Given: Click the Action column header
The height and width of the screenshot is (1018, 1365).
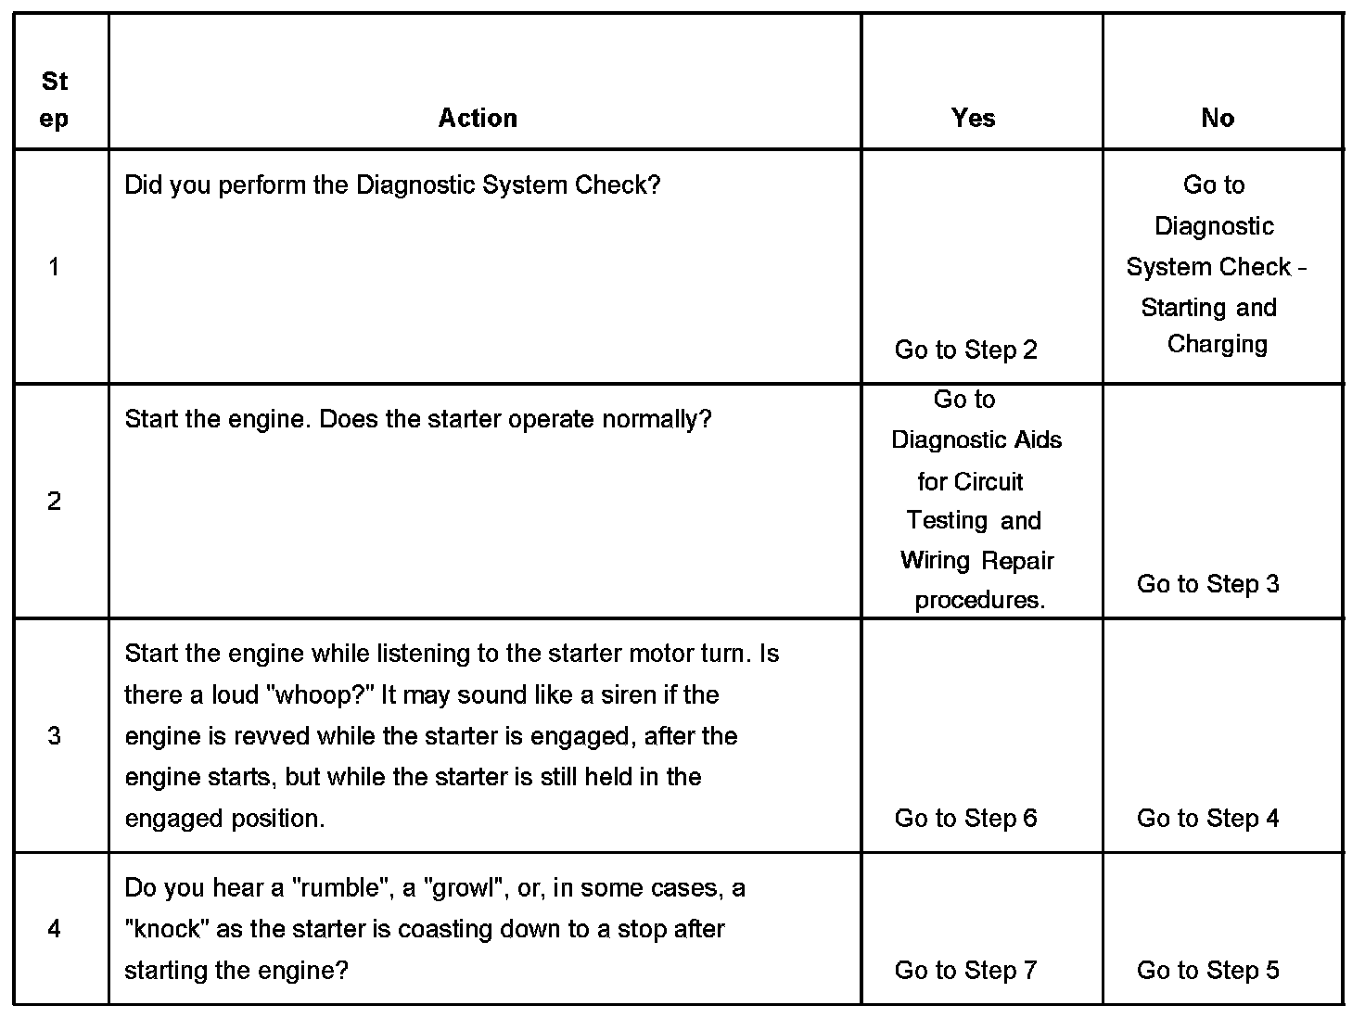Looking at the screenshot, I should [478, 119].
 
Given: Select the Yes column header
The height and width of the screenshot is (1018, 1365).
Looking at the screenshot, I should [973, 119].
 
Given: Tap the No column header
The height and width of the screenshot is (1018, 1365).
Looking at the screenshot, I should [1218, 119].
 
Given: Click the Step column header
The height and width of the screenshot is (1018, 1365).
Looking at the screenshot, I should [55, 100].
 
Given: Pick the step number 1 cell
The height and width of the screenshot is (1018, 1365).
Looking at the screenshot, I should [54, 268].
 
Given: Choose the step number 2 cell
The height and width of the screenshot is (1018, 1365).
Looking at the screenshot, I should [54, 502].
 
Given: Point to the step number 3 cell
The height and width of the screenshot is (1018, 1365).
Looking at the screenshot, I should [54, 736].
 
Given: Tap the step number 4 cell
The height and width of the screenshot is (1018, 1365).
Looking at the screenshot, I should [54, 929].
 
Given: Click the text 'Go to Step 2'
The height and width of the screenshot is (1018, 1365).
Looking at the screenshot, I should [965, 350].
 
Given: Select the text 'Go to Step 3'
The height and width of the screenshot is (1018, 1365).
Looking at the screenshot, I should [1207, 584].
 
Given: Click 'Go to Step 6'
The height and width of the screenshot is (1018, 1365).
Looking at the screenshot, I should [965, 819].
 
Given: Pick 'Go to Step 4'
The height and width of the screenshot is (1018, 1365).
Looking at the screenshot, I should [1207, 819].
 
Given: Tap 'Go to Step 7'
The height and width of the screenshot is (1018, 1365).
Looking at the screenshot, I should [965, 971].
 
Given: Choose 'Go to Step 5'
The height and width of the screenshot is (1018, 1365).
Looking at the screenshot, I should [1207, 971].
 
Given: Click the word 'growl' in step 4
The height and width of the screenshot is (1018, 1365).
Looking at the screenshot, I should [461, 888].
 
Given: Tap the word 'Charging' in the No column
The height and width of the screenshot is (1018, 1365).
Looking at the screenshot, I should [1217, 345].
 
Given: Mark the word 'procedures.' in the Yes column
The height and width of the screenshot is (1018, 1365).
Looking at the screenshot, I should [979, 601].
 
